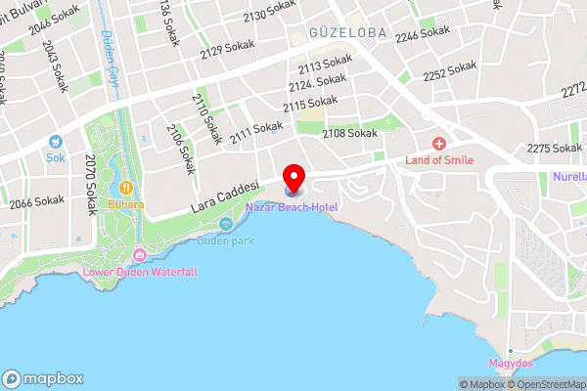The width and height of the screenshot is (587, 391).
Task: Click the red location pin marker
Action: [293, 177]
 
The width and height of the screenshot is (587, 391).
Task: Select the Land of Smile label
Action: [440, 159]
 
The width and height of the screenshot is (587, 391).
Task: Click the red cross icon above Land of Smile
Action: [440, 144]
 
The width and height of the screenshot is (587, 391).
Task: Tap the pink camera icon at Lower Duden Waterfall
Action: [140, 256]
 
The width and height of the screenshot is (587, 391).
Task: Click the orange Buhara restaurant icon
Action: [126, 188]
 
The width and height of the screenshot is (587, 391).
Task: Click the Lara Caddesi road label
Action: [223, 196]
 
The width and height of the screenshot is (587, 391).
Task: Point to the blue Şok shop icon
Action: [54, 141]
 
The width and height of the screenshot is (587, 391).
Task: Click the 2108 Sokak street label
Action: [349, 133]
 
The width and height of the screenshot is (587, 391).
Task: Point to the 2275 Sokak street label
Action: [554, 149]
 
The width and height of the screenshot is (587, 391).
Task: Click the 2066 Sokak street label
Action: [37, 202]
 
